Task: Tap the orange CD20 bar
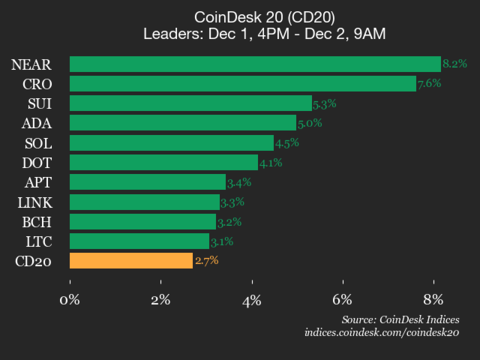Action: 131,261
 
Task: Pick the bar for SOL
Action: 171,143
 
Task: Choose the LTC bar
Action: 139,241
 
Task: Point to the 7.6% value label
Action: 428,84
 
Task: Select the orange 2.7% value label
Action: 205,261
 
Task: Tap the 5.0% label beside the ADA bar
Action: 310,123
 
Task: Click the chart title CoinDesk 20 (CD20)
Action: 240,16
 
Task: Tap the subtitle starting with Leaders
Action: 240,34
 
